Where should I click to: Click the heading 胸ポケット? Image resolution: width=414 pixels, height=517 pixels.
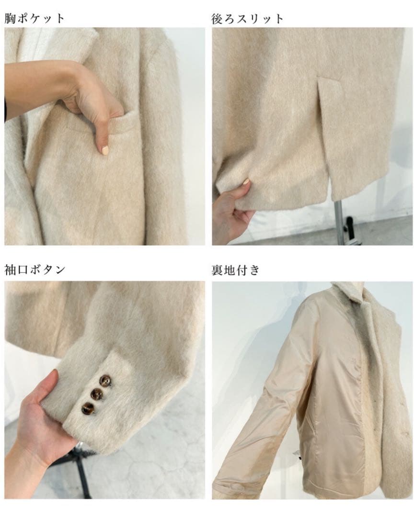coord(34,18)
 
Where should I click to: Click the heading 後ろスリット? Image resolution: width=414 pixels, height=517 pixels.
coord(247,19)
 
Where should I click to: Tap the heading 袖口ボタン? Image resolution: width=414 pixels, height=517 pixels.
coord(34,270)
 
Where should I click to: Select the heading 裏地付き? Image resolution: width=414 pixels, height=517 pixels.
coord(235,270)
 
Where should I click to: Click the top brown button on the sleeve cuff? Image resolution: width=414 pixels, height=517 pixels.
coord(105,381)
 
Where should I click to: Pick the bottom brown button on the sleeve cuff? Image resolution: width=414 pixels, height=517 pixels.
coord(88,408)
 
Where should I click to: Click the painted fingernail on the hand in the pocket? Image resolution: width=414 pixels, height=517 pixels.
coord(105,151)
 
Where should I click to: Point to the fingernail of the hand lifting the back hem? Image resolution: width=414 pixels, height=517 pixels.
coord(246,182)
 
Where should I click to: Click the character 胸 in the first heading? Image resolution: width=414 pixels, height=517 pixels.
coord(10,19)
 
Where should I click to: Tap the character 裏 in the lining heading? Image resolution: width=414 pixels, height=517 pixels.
coord(218,270)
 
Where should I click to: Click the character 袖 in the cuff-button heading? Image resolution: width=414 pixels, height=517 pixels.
coord(10,270)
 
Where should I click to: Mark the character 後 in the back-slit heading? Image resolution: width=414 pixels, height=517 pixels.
coord(218,19)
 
